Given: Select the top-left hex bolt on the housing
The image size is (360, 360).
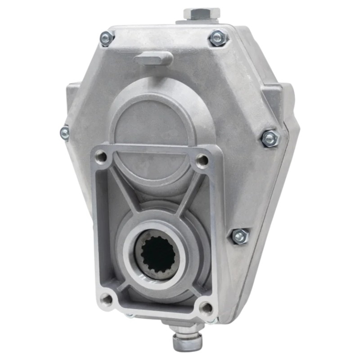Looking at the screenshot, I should pyautogui.click(x=107, y=38).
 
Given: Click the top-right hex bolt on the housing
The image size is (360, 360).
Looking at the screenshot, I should pyautogui.click(x=218, y=38).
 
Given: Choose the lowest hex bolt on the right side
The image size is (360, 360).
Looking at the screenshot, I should pyautogui.click(x=239, y=236).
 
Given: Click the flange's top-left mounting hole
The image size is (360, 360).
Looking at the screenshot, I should pyautogui.click(x=102, y=157).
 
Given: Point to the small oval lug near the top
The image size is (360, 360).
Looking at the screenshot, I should pyautogui.click(x=153, y=58).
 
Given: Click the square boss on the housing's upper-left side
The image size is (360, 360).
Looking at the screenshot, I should pyautogui.click(x=73, y=92).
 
